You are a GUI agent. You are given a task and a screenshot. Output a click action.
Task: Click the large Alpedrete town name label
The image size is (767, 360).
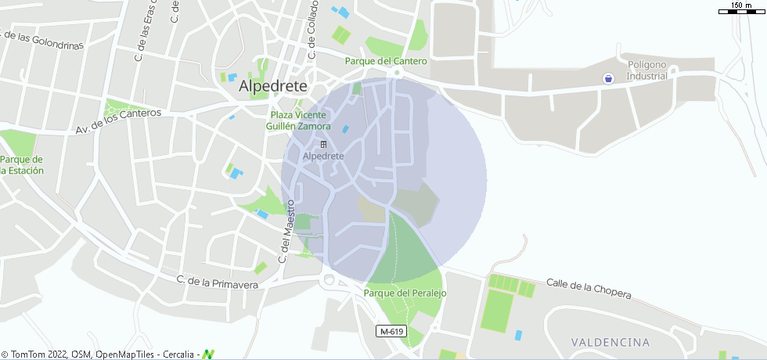tap(272, 85)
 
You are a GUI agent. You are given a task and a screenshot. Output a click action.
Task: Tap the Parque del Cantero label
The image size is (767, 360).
tap(387, 61)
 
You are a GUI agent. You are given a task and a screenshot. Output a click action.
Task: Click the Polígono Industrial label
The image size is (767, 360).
tap(647, 70)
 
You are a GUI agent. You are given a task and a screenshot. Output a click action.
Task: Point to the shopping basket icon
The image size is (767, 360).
tap(607, 77)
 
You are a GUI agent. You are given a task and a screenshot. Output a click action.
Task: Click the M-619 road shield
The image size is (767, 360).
tap(391, 332)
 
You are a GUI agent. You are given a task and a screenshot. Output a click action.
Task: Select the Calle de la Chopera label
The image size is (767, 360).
tap(589, 288)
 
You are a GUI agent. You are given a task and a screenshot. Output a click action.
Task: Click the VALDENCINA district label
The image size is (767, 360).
tap(610, 342)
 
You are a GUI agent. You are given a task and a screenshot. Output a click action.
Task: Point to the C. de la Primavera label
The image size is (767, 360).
tap(217, 282)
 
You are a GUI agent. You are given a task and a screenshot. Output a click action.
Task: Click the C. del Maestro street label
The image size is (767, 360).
tap(286, 231)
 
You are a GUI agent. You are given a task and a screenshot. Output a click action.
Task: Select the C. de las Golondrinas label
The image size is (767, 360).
tap(42, 39)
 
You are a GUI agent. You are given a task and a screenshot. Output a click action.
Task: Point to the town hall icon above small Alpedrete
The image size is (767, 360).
tap(323, 145)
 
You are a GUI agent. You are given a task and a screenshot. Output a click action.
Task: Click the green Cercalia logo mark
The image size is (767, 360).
tap(208, 354)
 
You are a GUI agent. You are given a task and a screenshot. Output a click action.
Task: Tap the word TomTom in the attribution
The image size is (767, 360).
tap(29, 355)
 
